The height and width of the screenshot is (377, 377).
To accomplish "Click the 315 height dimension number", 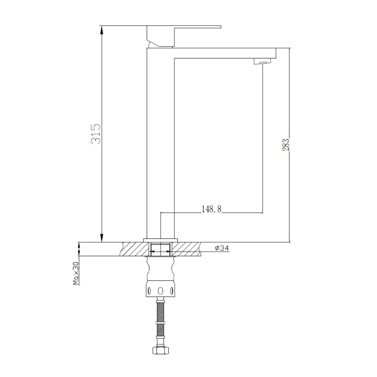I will (96, 134).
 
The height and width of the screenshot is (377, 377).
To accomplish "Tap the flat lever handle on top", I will (184, 27).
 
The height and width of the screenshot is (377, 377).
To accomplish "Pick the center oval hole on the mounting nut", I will (161, 290).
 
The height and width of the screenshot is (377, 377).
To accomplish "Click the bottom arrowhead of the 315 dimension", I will (101, 238).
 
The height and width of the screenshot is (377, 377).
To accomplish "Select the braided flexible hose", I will (161, 323).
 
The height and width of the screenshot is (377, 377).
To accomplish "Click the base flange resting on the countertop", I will (161, 239).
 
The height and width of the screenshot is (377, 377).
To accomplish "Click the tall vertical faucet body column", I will (161, 141).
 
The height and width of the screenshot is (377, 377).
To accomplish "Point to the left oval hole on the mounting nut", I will (150, 290).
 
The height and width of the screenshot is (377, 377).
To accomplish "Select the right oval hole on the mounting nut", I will (171, 290).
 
